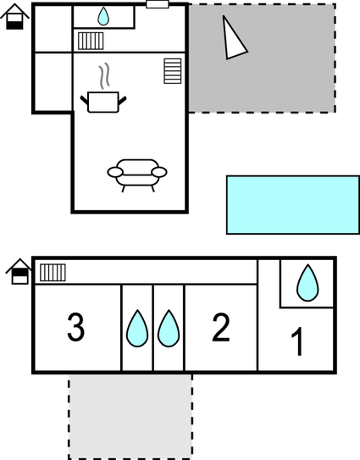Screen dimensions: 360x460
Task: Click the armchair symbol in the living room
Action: (137, 175)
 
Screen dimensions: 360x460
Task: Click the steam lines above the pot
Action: (104, 75)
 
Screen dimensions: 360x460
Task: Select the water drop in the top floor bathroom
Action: (103, 16)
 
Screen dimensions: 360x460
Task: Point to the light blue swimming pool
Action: (293, 205)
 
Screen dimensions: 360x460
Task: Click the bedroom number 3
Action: (76, 327)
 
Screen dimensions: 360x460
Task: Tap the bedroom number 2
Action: (221, 327)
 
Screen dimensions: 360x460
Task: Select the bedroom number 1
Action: (297, 341)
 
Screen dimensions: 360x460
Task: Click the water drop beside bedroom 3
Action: (137, 329)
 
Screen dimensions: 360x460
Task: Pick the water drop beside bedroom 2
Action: (169, 329)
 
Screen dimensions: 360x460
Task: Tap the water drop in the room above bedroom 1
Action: (307, 283)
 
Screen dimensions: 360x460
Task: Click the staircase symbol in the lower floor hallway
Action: (53, 273)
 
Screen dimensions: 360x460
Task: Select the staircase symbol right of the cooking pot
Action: (173, 71)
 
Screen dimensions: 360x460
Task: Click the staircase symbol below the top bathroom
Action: (91, 41)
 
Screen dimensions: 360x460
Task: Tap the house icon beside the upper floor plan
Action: (14, 16)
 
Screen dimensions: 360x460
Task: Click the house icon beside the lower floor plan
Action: (19, 271)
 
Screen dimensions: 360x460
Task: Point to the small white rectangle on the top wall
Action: (158, 4)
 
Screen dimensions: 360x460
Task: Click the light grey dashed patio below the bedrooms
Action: (130, 416)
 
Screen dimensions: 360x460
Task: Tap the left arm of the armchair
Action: (115, 172)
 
